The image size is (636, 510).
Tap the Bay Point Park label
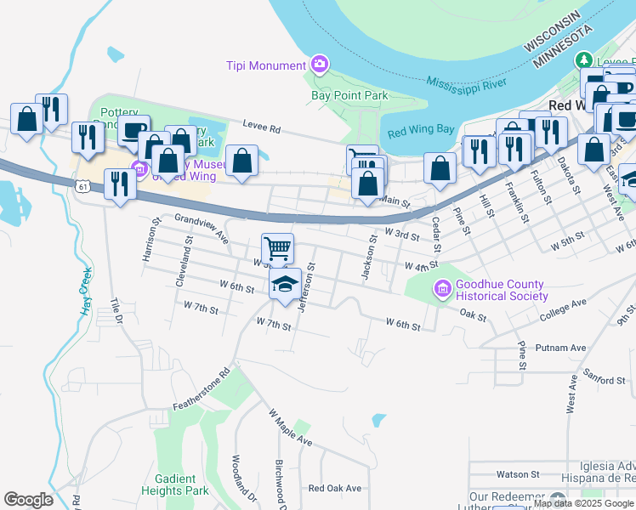tap(349, 95)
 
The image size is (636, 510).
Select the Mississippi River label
tap(467, 83)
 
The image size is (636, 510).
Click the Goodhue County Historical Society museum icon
tap(442, 290)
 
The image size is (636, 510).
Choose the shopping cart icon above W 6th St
tap(277, 249)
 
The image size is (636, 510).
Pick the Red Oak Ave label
tap(335, 488)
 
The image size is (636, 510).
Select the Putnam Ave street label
tap(561, 348)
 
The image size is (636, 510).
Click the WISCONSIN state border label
tap(553, 31)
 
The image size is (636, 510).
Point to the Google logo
tap(29, 500)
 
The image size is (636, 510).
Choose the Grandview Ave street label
tap(202, 224)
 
